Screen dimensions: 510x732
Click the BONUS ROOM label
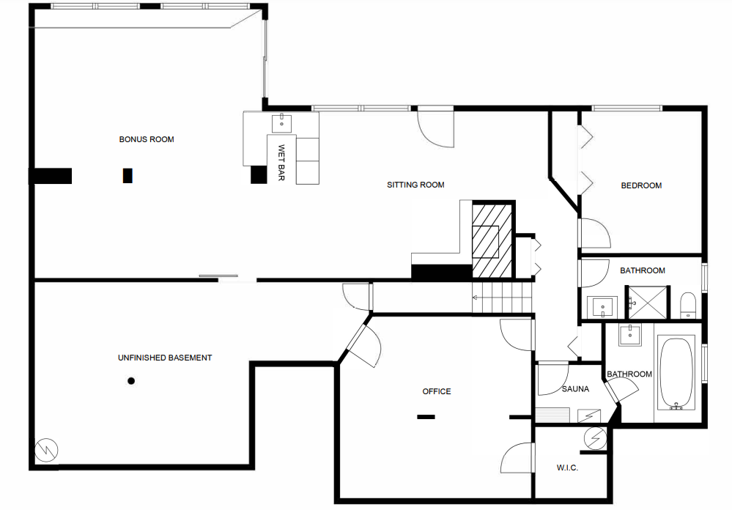pyautogui.click(x=147, y=139)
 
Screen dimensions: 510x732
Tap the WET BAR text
pyautogui.click(x=281, y=162)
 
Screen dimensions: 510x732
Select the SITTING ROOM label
pyautogui.click(x=415, y=185)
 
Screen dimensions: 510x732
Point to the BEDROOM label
pyautogui.click(x=641, y=185)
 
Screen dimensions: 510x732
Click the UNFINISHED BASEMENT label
pyautogui.click(x=165, y=358)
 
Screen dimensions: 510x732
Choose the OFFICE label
pyautogui.click(x=437, y=391)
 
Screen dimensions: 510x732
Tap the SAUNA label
pyautogui.click(x=575, y=389)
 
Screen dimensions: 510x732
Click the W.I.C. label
pyautogui.click(x=568, y=467)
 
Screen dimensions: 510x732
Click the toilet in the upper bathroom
pyautogui.click(x=688, y=303)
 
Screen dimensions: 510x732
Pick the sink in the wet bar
pyautogui.click(x=282, y=122)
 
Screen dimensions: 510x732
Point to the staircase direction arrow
pyautogui.click(x=476, y=297)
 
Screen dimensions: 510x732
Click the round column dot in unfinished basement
pyautogui.click(x=131, y=380)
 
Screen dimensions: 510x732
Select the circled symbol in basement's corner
pyautogui.click(x=46, y=449)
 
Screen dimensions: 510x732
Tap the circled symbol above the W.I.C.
pyautogui.click(x=596, y=437)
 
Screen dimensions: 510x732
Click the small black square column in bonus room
pyautogui.click(x=127, y=175)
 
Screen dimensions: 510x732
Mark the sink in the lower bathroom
pyautogui.click(x=629, y=336)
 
